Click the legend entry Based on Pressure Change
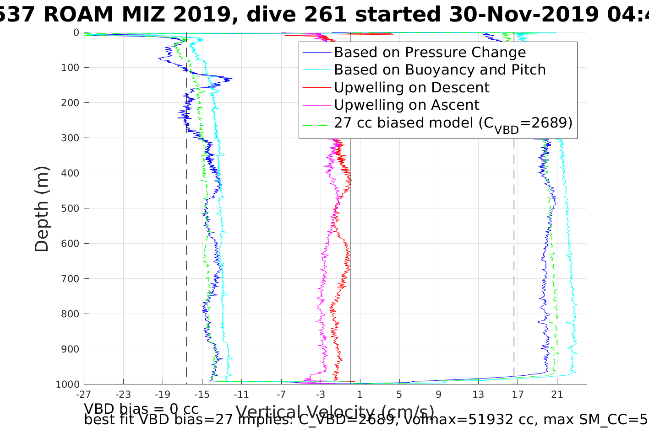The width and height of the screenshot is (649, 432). (x=430, y=53)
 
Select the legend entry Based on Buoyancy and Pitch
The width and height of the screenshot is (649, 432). (x=440, y=70)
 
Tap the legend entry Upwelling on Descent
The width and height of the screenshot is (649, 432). (x=411, y=87)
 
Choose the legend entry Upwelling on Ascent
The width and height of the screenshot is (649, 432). (x=406, y=105)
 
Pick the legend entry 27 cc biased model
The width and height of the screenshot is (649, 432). (x=453, y=123)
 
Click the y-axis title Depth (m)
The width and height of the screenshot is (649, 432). (x=42, y=208)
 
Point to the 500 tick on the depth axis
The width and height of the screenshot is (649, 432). (x=70, y=208)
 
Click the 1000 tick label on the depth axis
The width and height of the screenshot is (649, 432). (x=67, y=384)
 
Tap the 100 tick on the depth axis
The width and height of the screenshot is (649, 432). (x=70, y=68)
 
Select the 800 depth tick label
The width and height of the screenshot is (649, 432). (x=70, y=314)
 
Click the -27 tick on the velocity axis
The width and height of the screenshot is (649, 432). (x=83, y=394)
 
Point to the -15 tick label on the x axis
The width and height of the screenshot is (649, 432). (x=202, y=394)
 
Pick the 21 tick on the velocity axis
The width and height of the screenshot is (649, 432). (x=557, y=394)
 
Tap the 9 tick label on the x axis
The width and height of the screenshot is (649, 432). (x=439, y=394)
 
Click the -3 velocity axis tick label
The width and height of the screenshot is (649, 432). (x=320, y=394)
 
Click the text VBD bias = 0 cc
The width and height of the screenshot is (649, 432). (x=141, y=408)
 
